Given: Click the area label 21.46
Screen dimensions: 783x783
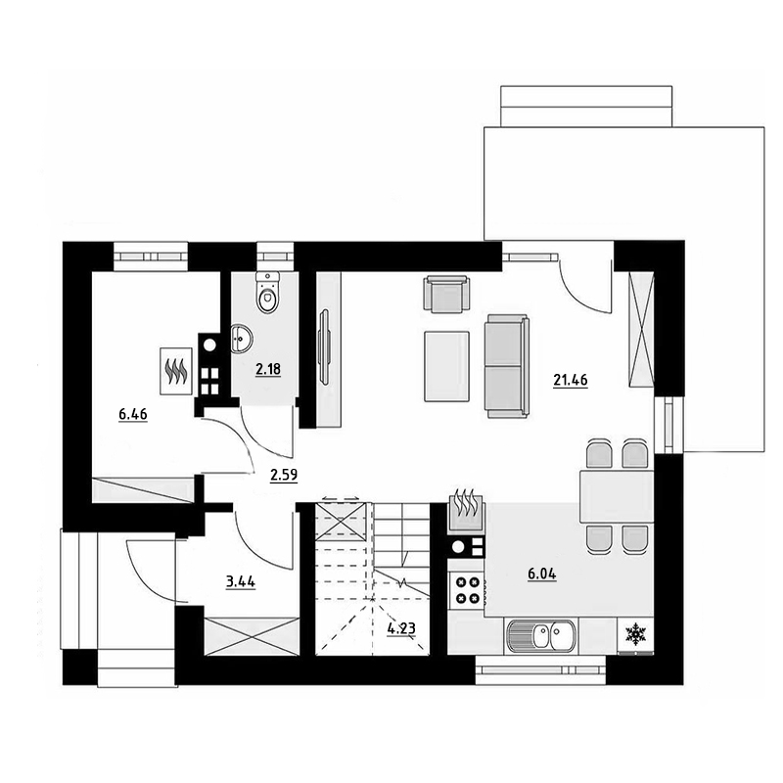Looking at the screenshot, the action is (x=571, y=380).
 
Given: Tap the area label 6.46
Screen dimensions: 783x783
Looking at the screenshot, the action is (x=133, y=414).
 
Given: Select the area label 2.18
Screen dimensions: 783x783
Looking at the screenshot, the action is (x=268, y=369).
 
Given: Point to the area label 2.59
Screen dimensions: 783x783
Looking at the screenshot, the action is (x=284, y=475).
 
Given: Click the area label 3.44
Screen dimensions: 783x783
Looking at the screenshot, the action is (x=241, y=581).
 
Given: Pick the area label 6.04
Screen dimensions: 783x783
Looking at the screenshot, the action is (x=542, y=574).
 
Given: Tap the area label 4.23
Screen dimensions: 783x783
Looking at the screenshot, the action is (x=401, y=628).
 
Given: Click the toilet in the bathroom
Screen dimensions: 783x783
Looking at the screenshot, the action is (x=268, y=293).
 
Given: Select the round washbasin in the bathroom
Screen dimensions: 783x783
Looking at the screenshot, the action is (x=242, y=339).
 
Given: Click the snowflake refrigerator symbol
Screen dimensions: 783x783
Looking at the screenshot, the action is (x=635, y=633).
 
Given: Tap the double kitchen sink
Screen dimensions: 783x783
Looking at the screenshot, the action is (x=541, y=635).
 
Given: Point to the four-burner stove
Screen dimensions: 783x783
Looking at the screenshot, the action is (x=467, y=590).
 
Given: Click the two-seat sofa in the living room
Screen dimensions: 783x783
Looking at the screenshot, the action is (x=506, y=366).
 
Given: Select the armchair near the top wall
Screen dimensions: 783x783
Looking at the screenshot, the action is (x=446, y=295).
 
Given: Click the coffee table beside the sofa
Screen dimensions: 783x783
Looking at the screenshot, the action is (x=447, y=366).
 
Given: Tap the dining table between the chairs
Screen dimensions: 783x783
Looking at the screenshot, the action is (x=617, y=496).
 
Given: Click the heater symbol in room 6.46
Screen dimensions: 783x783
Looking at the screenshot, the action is (x=177, y=371).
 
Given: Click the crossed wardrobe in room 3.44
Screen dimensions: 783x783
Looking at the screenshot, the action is (x=253, y=635).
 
